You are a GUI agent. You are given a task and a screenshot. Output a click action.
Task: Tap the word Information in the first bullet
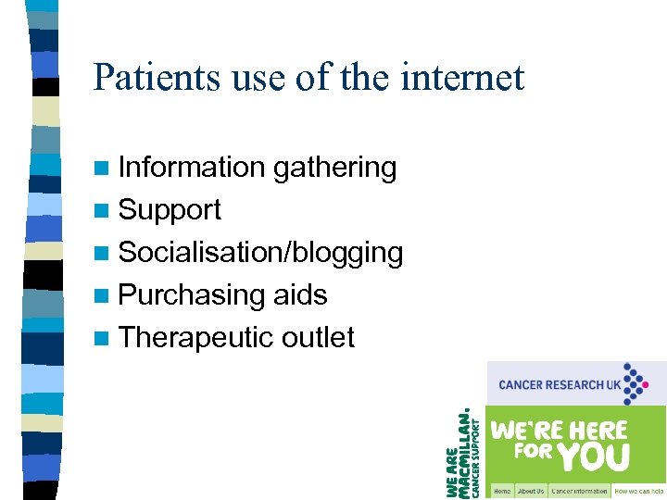tap(192, 168)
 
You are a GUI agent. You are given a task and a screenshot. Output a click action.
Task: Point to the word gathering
tap(334, 168)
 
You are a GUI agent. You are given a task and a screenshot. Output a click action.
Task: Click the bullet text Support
tap(170, 210)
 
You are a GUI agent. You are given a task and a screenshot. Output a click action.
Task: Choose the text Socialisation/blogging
tap(260, 253)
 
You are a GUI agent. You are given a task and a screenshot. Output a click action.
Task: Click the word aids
tap(300, 295)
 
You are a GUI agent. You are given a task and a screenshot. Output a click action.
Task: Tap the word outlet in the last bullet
tap(318, 338)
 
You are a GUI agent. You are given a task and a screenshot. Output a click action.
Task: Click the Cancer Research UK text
tap(559, 384)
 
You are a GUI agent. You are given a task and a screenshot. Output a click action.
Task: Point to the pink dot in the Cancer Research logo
tap(661, 384)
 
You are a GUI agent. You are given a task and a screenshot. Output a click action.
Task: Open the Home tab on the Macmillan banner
tap(501, 491)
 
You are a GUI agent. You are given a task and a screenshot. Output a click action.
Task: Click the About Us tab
tap(531, 491)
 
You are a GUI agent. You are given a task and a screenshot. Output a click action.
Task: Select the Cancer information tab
tap(579, 491)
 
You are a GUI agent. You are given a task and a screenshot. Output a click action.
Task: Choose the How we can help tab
tap(639, 491)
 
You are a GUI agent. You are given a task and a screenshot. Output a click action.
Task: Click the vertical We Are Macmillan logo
tap(464, 454)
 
